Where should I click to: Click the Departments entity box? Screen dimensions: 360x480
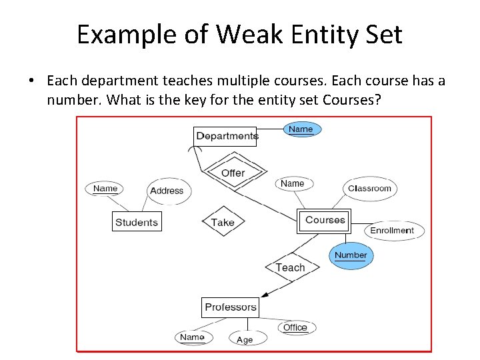coord(226,136)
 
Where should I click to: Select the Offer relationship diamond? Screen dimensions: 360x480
coord(233,173)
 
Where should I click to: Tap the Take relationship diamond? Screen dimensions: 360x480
coord(223,223)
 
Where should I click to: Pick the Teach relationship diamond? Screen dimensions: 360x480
coord(290,267)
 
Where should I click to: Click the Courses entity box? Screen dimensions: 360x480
coord(325,220)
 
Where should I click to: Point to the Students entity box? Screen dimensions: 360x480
coord(137,223)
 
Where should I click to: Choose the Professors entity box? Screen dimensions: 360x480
coord(230,307)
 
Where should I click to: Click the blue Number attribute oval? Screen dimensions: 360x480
coord(351,255)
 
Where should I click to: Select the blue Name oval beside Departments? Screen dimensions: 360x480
coord(301,129)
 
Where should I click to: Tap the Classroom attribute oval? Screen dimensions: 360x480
coord(369,189)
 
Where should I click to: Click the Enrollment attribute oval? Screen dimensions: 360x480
coord(392,231)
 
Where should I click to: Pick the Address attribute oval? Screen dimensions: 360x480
coord(167,191)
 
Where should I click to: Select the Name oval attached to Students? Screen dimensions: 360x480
coord(105,189)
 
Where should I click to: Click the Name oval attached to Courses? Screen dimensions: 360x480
coord(293,184)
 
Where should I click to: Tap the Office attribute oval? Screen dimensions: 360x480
coord(295,327)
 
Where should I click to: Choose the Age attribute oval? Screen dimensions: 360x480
coord(245,340)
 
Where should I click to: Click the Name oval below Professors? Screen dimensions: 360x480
coord(192,337)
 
